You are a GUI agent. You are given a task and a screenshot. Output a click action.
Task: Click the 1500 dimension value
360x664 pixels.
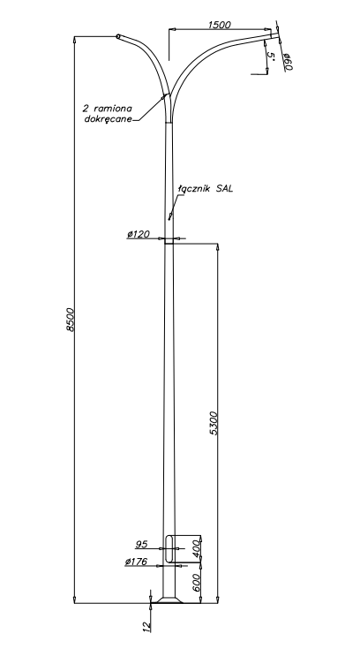[x=220, y=25]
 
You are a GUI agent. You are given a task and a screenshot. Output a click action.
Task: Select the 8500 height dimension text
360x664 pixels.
[x=71, y=320]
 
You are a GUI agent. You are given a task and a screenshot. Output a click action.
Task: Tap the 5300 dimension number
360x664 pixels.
[x=214, y=423]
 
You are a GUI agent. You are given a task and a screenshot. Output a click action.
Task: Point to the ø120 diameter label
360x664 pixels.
[x=139, y=234]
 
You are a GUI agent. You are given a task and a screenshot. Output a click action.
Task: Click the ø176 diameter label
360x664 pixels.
[x=136, y=562]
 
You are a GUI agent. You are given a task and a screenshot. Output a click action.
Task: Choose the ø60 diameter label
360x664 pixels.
[x=288, y=62]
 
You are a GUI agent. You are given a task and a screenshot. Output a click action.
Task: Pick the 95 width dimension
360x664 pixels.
[x=141, y=544]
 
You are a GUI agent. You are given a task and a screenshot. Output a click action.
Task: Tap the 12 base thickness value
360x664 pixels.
[x=146, y=627]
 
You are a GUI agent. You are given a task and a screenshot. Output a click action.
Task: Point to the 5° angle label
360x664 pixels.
[x=271, y=57]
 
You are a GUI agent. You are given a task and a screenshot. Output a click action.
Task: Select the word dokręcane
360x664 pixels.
[x=109, y=119]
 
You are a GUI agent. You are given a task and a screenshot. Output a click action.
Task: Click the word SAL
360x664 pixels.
[x=224, y=189]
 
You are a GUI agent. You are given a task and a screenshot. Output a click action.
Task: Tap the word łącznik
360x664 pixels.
[x=194, y=189]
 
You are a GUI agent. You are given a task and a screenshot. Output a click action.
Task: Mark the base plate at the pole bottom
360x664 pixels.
[x=169, y=600]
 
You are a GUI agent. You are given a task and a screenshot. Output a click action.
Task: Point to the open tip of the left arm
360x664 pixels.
[x=118, y=36]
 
